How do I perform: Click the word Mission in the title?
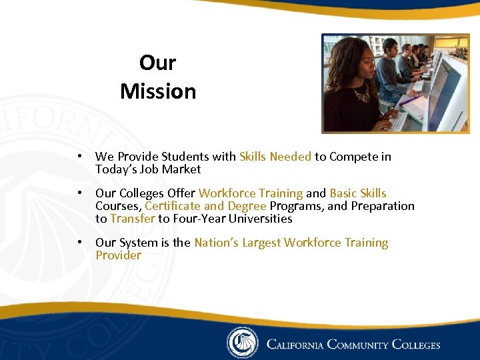coord(158,91)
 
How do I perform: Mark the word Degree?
coord(247,206)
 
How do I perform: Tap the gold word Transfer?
coord(132,219)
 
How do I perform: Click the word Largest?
coord(261,243)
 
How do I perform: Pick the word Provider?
coord(118,255)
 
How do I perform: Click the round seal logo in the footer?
coord(242,343)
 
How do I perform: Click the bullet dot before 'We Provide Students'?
coord(79,157)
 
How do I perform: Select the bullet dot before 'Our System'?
coord(79,243)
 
